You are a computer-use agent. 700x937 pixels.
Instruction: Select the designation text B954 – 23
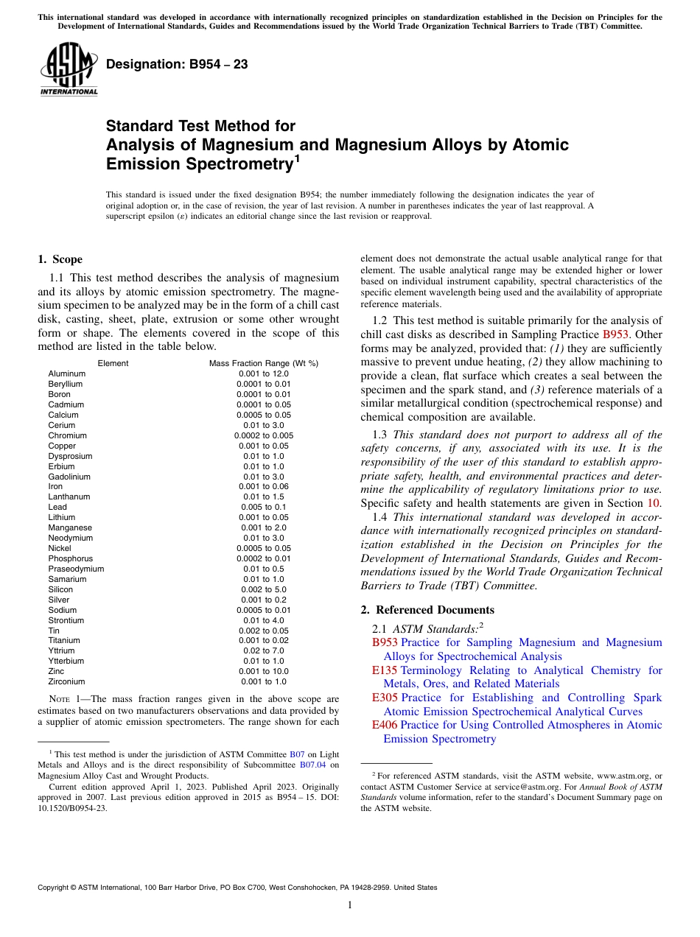tap(177, 65)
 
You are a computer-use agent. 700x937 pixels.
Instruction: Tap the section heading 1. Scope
tap(60, 259)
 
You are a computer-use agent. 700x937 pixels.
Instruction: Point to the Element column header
tap(113, 363)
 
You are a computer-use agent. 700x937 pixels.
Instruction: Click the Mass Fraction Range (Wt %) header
tap(263, 363)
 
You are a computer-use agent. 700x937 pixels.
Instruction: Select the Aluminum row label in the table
tap(67, 373)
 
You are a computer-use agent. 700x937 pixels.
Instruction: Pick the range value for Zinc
tap(263, 671)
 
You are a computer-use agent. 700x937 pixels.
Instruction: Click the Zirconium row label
tap(67, 681)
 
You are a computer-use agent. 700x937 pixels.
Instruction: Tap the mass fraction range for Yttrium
tap(263, 650)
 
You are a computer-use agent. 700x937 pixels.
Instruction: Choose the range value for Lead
tap(263, 507)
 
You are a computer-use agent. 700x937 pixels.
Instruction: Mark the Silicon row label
tap(61, 589)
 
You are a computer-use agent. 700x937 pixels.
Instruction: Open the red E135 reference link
tap(385, 670)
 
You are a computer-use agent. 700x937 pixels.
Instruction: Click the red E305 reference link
tap(385, 698)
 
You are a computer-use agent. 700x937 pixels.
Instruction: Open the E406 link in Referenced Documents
tap(385, 725)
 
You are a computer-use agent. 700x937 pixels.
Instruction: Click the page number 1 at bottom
tap(350, 905)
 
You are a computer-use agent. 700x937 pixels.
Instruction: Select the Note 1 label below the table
tap(64, 699)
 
